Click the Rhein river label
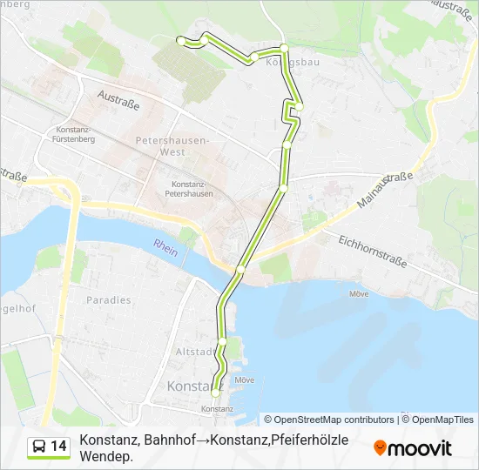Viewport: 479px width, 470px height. click(x=165, y=247)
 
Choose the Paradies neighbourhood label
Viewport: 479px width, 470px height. click(x=109, y=300)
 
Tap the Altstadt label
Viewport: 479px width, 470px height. click(x=192, y=352)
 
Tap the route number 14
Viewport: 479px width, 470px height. click(x=58, y=446)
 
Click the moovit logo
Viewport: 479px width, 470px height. click(x=413, y=448)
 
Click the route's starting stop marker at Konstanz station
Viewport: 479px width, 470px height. click(x=215, y=393)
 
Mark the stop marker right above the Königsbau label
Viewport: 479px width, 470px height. click(x=284, y=47)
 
